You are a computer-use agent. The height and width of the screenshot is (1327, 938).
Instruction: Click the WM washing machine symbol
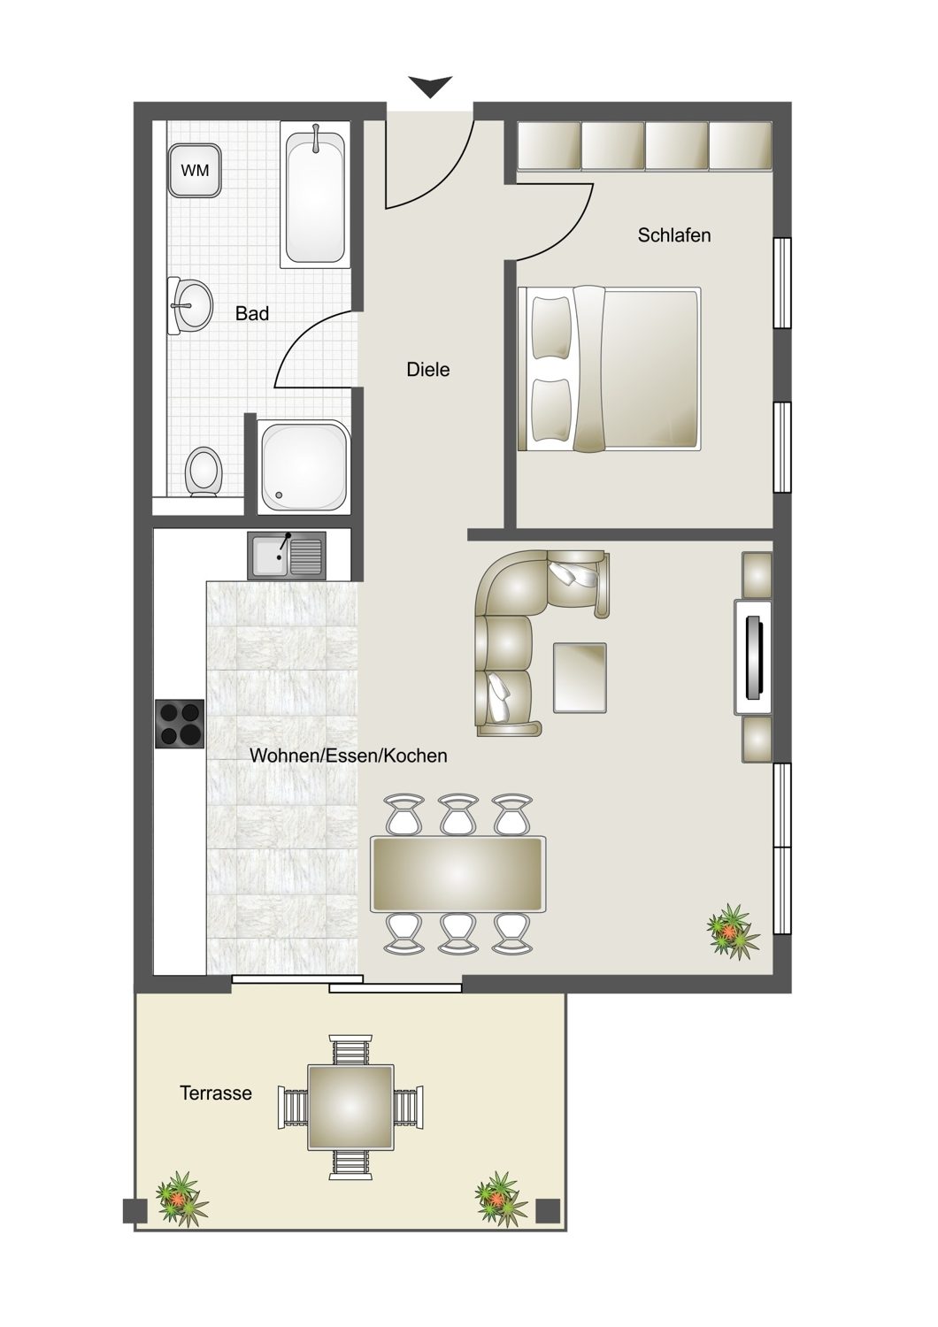pyautogui.click(x=195, y=171)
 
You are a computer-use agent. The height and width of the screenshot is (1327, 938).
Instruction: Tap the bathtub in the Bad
pyautogui.click(x=315, y=195)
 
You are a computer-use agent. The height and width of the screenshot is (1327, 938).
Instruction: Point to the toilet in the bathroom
pyautogui.click(x=204, y=472)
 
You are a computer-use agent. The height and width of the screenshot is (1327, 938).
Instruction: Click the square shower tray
pyautogui.click(x=305, y=466)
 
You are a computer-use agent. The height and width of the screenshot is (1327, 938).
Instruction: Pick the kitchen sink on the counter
pyautogui.click(x=287, y=555)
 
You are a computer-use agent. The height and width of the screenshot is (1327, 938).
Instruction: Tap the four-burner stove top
pyautogui.click(x=181, y=724)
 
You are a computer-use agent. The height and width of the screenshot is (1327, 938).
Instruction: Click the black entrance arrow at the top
pyautogui.click(x=430, y=87)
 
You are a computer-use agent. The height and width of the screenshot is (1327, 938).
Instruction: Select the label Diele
pyautogui.click(x=427, y=370)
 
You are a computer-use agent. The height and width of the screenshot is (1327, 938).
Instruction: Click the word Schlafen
pyautogui.click(x=673, y=235)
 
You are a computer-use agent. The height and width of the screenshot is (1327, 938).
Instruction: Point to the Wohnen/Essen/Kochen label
pyautogui.click(x=349, y=756)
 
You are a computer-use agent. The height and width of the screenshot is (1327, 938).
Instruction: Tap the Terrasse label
pyautogui.click(x=216, y=1093)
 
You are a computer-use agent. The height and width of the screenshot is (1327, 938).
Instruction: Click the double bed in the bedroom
pyautogui.click(x=609, y=369)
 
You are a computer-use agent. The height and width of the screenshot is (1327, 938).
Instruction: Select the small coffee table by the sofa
pyautogui.click(x=580, y=678)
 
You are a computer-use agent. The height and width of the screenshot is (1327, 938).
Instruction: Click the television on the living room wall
pyautogui.click(x=753, y=657)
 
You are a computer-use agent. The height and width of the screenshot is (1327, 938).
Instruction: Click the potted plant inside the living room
pyautogui.click(x=733, y=932)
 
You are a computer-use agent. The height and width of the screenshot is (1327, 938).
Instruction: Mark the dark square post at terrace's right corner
pyautogui.click(x=548, y=1210)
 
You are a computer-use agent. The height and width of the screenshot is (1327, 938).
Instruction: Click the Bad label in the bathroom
pyautogui.click(x=252, y=313)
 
